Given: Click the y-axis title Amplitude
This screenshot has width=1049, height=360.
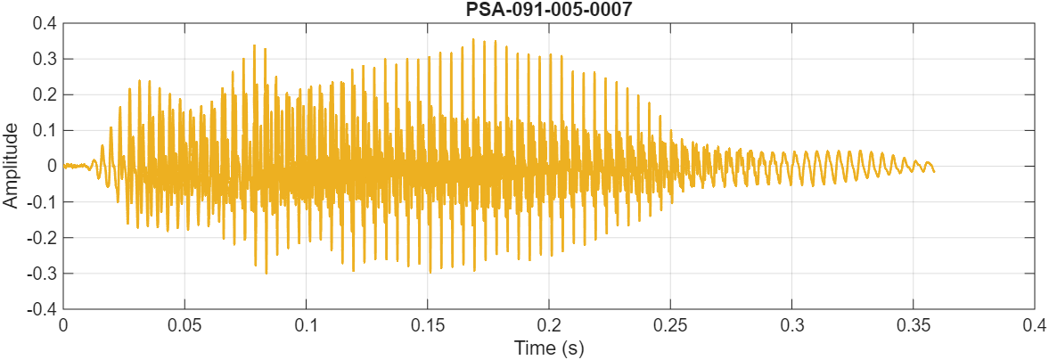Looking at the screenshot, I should pos(11,166).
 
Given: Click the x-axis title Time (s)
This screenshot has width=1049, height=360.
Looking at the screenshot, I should pos(548,348).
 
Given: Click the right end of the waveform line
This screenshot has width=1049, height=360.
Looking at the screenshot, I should pos(934,170).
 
